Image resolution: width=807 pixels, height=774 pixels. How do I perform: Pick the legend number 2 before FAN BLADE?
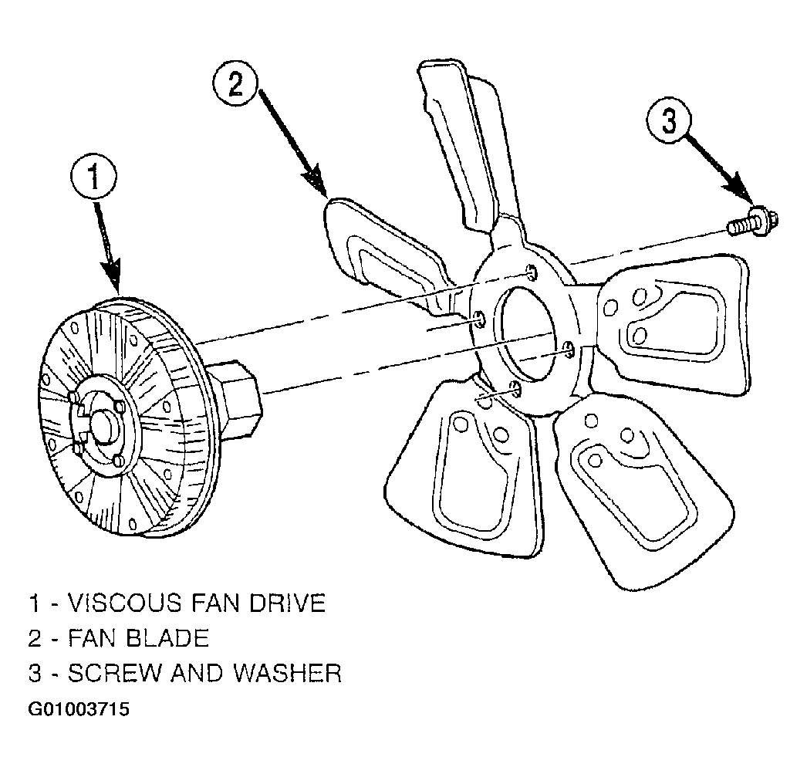tap(35, 637)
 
